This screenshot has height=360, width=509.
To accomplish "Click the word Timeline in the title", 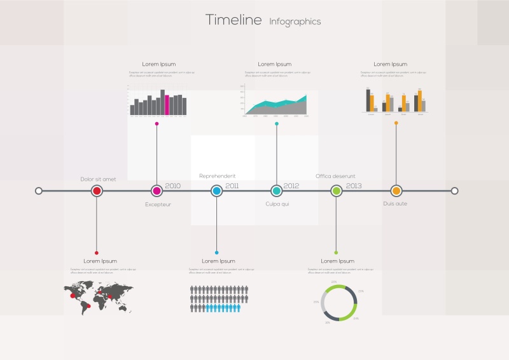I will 234,20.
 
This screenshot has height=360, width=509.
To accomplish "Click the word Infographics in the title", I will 295,22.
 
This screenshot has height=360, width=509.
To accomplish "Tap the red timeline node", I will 97,190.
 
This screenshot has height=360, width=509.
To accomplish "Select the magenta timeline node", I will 157,190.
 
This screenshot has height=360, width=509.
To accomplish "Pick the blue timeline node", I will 216,190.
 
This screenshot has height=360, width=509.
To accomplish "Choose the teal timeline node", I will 276,190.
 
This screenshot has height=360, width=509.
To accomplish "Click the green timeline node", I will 336,190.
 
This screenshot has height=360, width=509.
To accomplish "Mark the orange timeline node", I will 396,190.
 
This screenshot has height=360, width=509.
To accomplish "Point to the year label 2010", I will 172,186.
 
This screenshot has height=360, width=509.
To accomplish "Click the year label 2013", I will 354,186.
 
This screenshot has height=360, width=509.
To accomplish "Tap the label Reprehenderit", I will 218,176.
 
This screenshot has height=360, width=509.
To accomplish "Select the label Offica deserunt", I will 335,176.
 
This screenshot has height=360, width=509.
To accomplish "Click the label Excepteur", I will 158,204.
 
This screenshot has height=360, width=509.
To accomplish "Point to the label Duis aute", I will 395,204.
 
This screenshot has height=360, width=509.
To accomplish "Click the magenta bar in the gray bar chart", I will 167,105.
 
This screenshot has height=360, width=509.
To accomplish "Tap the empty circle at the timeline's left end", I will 39,190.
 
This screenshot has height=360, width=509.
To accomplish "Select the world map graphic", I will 99,298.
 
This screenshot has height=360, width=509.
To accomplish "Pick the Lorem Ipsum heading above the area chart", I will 274,64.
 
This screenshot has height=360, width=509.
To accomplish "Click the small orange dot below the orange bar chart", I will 396,123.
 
